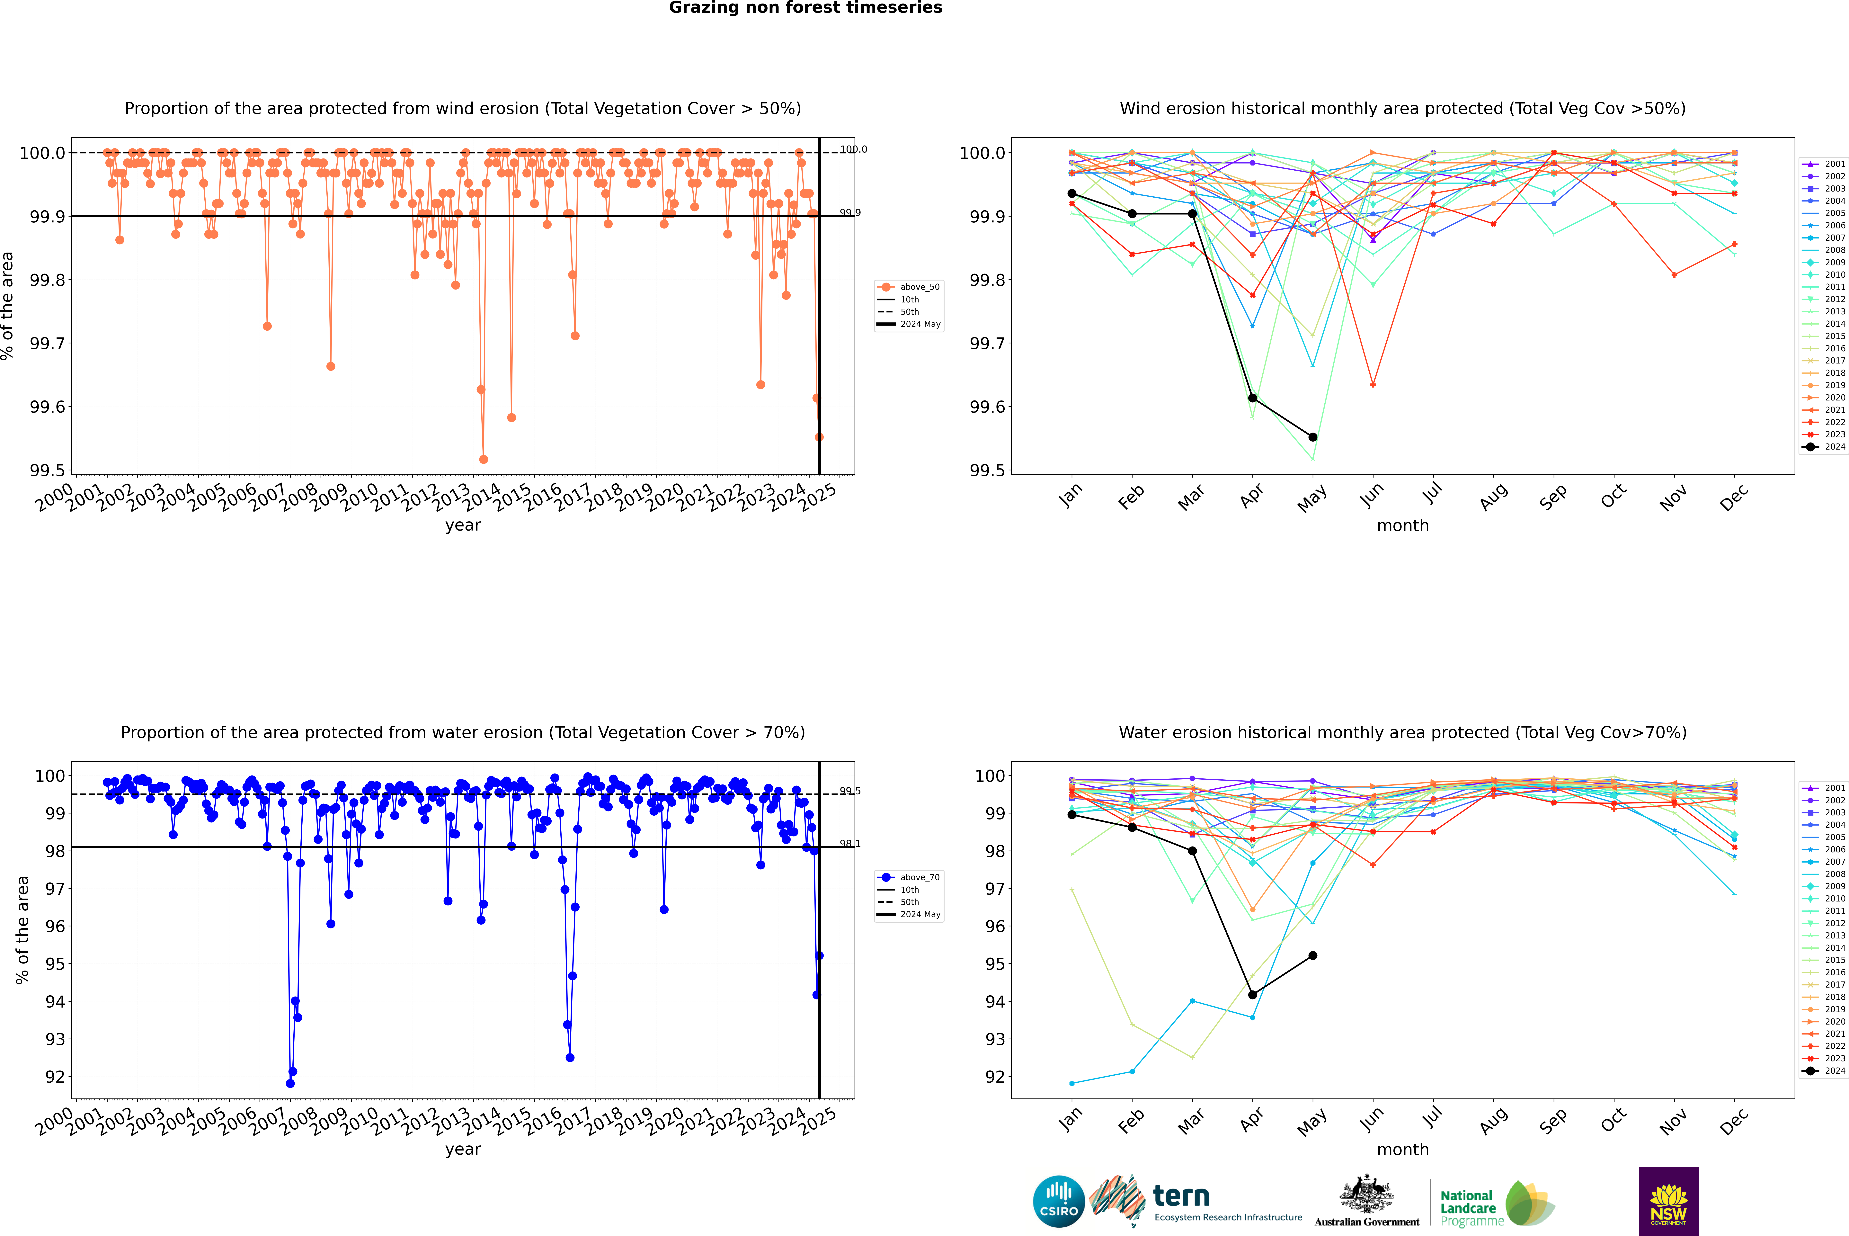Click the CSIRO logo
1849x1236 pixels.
pyautogui.click(x=1059, y=1201)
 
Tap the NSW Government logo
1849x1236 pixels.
pyautogui.click(x=1668, y=1201)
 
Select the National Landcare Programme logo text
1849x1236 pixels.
pyautogui.click(x=1468, y=1208)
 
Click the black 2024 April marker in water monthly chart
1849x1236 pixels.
pyautogui.click(x=1252, y=995)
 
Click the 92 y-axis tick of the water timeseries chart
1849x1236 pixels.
pyautogui.click(x=55, y=1077)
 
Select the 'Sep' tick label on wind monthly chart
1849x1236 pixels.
pyautogui.click(x=1553, y=497)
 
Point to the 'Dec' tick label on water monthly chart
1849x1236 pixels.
pyautogui.click(x=1734, y=1121)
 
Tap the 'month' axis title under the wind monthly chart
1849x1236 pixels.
pyautogui.click(x=1402, y=526)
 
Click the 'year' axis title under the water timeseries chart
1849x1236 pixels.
pyautogui.click(x=463, y=1149)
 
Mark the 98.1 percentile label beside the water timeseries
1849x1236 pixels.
pyautogui.click(x=850, y=843)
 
